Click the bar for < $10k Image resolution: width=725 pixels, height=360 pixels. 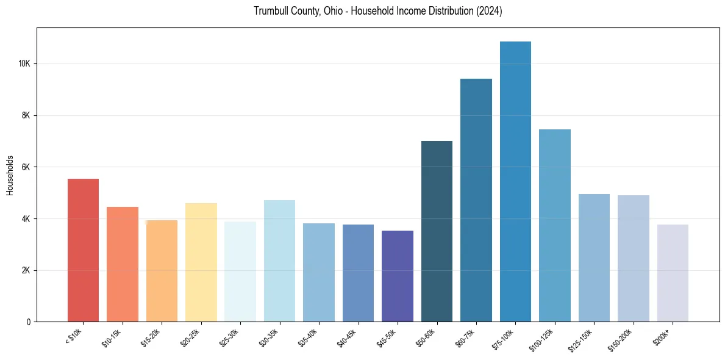[x=83, y=250]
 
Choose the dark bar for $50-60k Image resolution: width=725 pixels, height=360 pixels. [x=437, y=231]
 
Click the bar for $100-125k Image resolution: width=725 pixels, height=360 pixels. [x=555, y=226]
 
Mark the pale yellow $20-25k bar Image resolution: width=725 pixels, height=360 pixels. [x=201, y=262]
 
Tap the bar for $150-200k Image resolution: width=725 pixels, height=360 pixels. [x=634, y=259]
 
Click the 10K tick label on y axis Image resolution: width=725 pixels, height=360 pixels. [x=24, y=64]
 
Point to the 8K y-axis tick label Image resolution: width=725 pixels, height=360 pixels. [x=26, y=116]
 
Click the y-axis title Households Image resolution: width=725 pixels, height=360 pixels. [x=10, y=175]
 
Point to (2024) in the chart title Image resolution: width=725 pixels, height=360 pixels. [x=488, y=12]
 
